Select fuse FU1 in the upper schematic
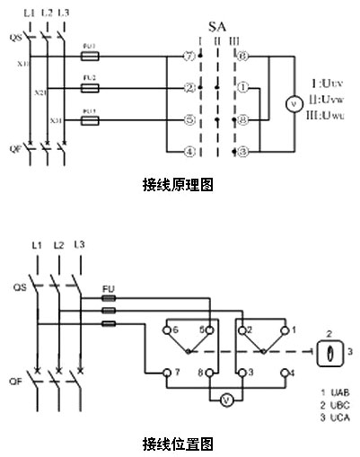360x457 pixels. click(90, 56)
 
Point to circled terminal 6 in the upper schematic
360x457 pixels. click(242, 57)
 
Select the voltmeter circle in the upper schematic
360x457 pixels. click(290, 103)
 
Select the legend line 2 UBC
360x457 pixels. click(333, 406)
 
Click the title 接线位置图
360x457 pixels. click(178, 444)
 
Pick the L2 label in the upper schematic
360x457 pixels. click(47, 12)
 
